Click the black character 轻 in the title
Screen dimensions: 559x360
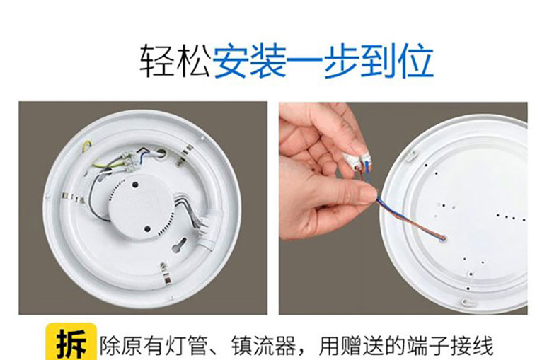click(157, 62)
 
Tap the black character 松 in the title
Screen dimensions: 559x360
click(193, 62)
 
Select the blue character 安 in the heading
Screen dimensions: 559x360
click(231, 62)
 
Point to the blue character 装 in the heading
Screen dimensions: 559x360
click(268, 62)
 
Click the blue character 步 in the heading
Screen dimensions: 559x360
click(341, 62)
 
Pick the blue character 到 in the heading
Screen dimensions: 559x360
click(379, 62)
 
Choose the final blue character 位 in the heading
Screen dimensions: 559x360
click(415, 62)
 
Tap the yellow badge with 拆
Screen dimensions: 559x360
click(71, 341)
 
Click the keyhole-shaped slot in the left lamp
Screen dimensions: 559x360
click(180, 245)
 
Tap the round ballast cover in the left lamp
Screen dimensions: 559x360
click(141, 207)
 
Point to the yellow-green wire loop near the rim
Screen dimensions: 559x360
click(86, 149)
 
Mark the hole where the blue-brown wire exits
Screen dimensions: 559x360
click(443, 238)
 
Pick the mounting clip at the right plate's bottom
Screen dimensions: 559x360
click(466, 302)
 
